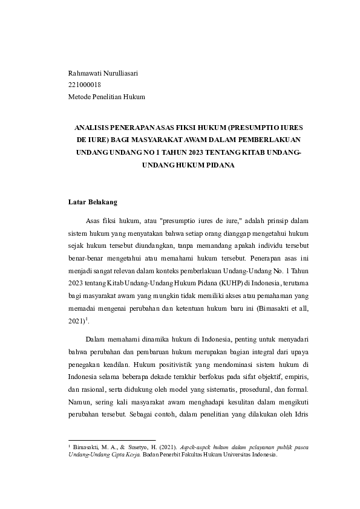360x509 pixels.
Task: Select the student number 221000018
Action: pyautogui.click(x=85, y=85)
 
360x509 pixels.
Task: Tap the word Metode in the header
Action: pyautogui.click(x=80, y=97)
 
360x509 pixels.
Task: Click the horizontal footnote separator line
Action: pyautogui.click(x=112, y=441)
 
